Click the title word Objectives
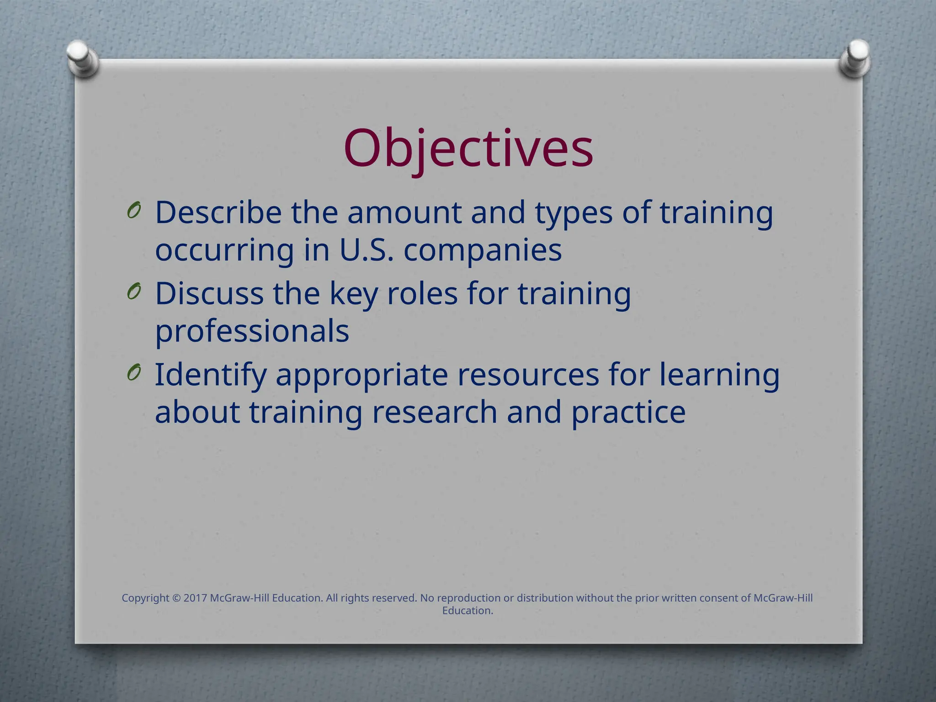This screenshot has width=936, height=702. point(468,149)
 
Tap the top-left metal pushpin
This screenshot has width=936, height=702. point(82,58)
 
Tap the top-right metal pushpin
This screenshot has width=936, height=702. point(855,58)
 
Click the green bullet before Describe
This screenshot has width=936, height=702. point(134,211)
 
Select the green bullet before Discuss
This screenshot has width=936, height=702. point(134,291)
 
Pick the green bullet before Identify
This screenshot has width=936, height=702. point(134,372)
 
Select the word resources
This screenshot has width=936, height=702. point(528,375)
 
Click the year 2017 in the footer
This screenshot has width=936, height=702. point(195,598)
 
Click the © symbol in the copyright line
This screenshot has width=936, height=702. point(176,598)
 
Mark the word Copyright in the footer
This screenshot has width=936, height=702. point(145,598)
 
